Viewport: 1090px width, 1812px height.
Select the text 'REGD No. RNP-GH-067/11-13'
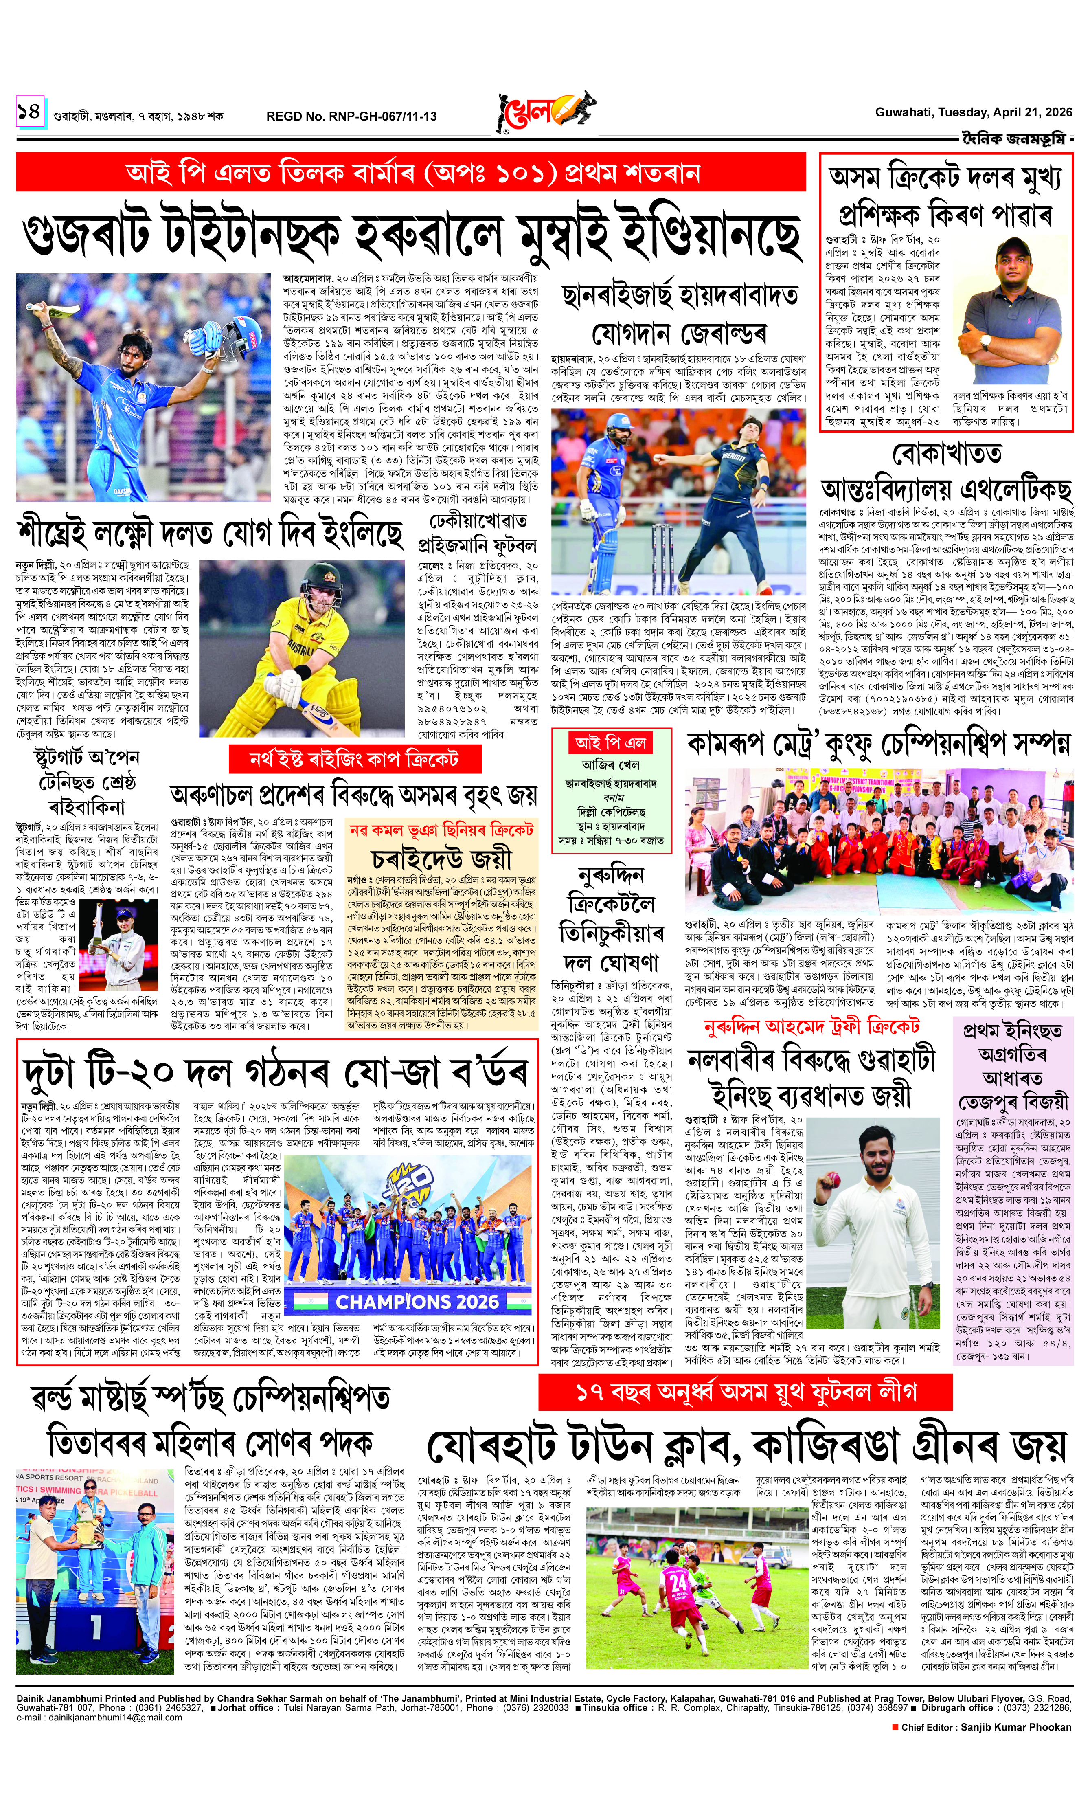[x=351, y=116]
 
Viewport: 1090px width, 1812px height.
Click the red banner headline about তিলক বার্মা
[x=411, y=174]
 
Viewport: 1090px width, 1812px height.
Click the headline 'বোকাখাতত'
[x=946, y=453]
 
